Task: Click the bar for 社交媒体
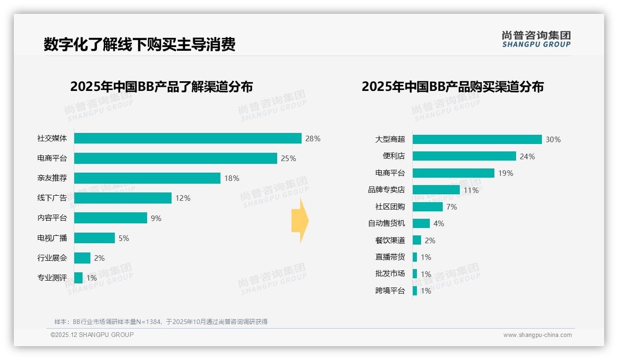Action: [188, 138]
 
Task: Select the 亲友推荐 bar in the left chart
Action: [147, 178]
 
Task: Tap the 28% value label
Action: [313, 138]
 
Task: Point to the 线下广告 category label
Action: [52, 198]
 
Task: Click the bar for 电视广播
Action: [95, 238]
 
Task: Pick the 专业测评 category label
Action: [52, 278]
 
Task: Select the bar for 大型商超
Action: [477, 139]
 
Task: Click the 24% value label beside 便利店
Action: [527, 156]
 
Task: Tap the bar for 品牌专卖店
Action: [436, 190]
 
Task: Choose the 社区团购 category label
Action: [390, 207]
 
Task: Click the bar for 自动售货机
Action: [421, 223]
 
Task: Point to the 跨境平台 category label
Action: [390, 291]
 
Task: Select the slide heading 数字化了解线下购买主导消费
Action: [139, 44]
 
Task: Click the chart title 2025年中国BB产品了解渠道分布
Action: [161, 87]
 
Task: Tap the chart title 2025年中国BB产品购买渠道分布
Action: [452, 87]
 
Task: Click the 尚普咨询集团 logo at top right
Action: [536, 39]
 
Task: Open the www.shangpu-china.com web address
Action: [537, 335]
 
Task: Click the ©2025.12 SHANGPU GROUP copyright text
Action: [92, 335]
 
